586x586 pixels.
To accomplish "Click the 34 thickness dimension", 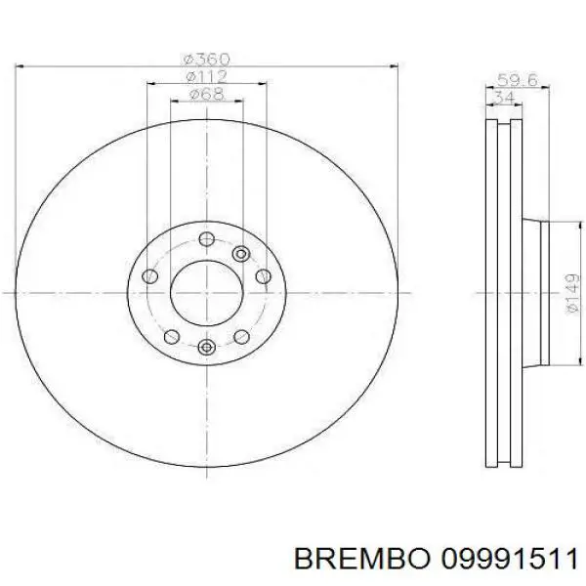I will coord(504,98).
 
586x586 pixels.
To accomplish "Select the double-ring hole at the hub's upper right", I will coord(241,254).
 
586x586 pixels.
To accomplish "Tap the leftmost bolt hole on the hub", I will coord(149,277).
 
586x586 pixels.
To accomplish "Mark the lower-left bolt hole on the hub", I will coord(172,337).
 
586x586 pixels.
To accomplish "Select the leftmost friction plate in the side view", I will coord(490,291).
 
